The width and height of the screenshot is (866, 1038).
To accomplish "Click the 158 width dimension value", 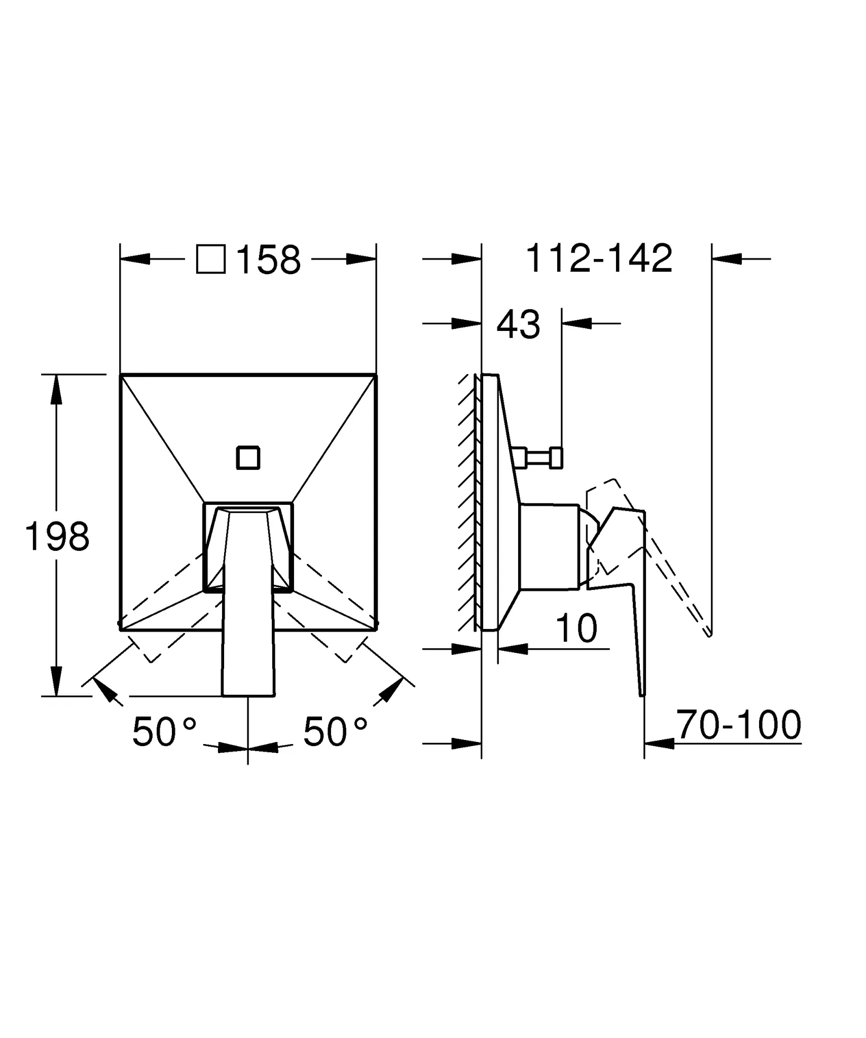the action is click(x=269, y=259).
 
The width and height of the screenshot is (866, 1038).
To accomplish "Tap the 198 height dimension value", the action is click(x=57, y=537).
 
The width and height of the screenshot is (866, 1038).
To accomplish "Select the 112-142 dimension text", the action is click(x=599, y=258).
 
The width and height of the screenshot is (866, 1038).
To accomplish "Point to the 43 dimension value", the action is click(x=518, y=324).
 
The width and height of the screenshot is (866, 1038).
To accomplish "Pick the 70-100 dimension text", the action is click(x=739, y=725).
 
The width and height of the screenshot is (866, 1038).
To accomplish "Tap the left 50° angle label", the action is click(x=164, y=732).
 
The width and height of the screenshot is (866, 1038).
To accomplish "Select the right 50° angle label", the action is click(x=335, y=732).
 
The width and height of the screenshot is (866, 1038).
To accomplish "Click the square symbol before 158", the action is click(x=211, y=259).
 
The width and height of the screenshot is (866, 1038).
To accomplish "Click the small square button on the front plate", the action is click(x=248, y=458).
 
